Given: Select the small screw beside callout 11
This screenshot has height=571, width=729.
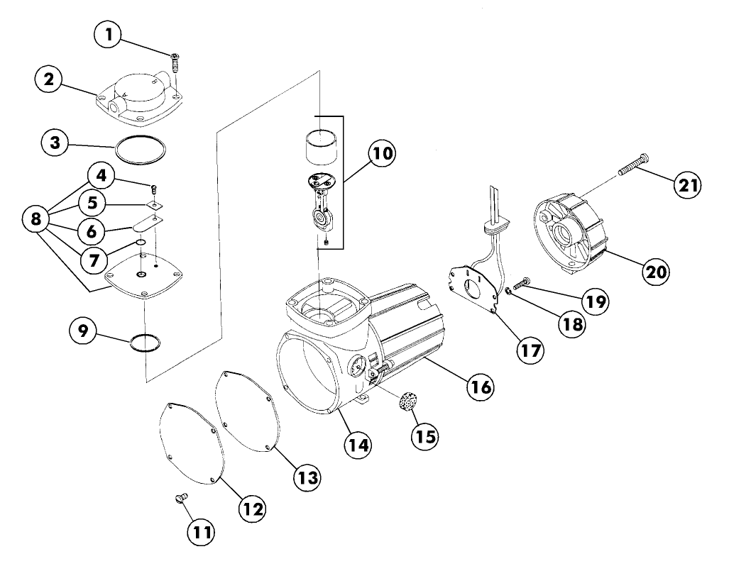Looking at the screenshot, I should [179, 499].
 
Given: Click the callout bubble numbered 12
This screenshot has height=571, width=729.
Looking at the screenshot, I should [253, 508].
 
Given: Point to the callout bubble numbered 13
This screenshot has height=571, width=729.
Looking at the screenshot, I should [308, 475].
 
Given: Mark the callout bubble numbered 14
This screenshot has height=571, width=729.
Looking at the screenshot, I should [358, 444].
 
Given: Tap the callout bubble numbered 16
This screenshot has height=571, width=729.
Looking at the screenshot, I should [479, 387].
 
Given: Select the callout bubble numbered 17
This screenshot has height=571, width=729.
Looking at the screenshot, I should [529, 350].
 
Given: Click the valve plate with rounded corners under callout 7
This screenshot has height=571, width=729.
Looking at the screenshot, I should [145, 281].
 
